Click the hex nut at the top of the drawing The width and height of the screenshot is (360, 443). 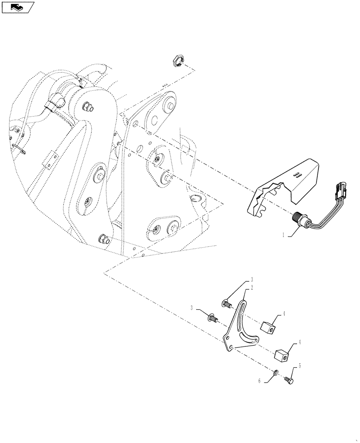[177, 61]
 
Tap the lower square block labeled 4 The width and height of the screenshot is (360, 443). [282, 354]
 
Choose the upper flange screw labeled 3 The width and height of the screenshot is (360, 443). [227, 304]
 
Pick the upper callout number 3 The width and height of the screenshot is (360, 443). [251, 280]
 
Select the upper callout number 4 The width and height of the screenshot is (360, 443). [284, 314]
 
